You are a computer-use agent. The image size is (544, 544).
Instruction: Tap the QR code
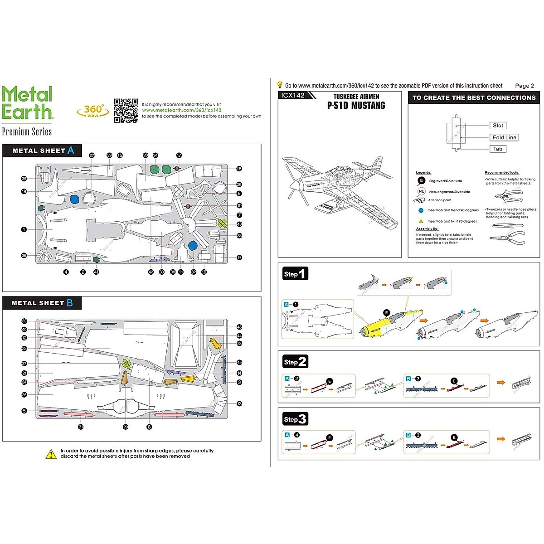pos(126,111)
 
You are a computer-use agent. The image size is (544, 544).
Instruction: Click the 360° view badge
pos(93,111)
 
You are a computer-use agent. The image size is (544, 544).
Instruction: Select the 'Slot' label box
pos(498,126)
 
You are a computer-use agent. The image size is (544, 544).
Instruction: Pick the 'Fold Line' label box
pos(504,137)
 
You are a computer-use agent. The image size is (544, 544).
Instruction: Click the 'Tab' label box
pos(497,149)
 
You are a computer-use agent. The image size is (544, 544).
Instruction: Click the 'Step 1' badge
pos(295,274)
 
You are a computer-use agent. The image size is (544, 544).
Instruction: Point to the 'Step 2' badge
pos(295,362)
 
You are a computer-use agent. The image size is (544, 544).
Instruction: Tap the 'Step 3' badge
pos(295,419)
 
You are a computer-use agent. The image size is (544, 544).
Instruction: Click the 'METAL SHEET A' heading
pos(43,151)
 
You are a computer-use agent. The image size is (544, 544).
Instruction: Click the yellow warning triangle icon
pos(51,454)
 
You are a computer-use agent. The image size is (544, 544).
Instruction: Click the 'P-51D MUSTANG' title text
pos(356,106)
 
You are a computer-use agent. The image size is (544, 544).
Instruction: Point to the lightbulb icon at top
pos(280,85)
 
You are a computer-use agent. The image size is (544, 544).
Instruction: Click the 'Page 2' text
pos(525,86)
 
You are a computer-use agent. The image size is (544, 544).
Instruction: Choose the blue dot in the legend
pos(421,210)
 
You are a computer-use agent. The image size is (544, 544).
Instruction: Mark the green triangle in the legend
pos(421,221)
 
